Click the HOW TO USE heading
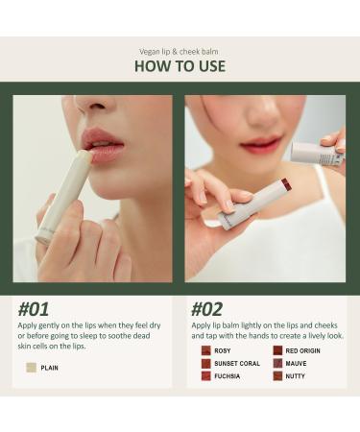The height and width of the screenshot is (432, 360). click(x=180, y=66)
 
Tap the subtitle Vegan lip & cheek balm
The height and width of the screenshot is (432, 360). click(x=179, y=52)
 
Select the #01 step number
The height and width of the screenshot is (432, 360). click(x=34, y=309)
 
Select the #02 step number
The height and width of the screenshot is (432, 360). click(x=206, y=309)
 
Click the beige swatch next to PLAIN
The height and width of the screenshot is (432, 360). click(x=32, y=368)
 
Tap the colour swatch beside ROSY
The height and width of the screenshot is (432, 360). click(x=206, y=350)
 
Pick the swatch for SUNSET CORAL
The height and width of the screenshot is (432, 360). click(x=206, y=364)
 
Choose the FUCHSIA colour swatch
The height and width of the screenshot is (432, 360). click(x=206, y=376)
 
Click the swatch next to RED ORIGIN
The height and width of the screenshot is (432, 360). click(x=277, y=350)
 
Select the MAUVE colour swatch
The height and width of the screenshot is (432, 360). click(x=277, y=364)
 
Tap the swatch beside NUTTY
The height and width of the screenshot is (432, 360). click(x=277, y=376)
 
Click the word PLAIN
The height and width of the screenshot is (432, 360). click(x=50, y=368)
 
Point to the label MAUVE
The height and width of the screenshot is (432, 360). click(x=296, y=364)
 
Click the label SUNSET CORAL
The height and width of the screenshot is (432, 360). click(x=237, y=364)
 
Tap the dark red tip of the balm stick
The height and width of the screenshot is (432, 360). click(x=285, y=184)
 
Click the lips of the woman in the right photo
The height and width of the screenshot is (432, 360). click(x=261, y=144)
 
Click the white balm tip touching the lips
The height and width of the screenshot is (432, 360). click(x=85, y=156)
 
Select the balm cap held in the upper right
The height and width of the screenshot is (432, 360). click(x=318, y=154)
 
